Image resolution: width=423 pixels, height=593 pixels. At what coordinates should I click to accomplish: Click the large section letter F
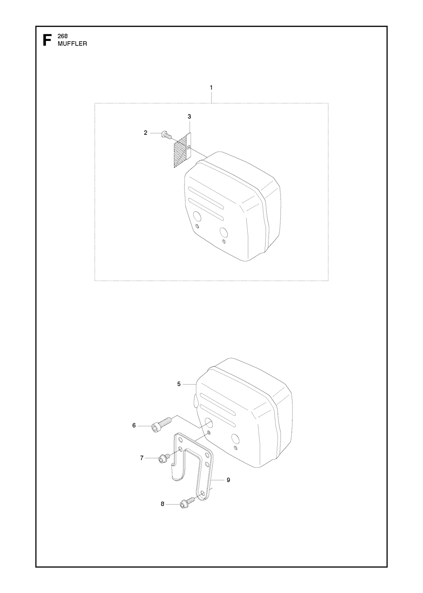[47, 40]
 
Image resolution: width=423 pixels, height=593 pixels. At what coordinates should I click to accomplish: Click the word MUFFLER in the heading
[72, 44]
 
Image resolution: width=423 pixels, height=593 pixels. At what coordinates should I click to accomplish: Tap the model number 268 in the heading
[62, 36]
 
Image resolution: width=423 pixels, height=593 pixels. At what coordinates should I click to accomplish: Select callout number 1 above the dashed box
[211, 87]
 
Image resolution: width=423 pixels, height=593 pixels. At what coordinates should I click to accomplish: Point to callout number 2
[145, 133]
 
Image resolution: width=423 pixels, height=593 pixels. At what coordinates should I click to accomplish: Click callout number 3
[189, 117]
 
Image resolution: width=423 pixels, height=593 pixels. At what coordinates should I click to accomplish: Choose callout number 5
[179, 383]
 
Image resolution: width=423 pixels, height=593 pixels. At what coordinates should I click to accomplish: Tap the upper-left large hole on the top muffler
[197, 215]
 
